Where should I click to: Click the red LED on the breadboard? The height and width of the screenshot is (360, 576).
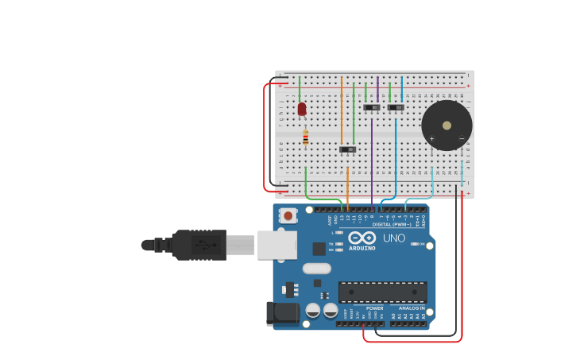tap(302, 109)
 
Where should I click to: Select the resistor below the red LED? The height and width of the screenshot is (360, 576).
tap(305, 138)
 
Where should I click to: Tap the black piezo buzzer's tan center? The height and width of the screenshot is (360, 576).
tap(446, 125)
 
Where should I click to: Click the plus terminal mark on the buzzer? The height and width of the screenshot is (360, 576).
tap(432, 139)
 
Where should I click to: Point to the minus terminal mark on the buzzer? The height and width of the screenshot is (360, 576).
tap(462, 139)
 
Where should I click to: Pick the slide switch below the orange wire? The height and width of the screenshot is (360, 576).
tap(347, 149)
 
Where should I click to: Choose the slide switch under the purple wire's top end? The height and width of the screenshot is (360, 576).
tap(372, 107)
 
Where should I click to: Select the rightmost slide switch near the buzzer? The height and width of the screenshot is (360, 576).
tap(396, 107)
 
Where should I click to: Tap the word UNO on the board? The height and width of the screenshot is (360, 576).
tap(394, 238)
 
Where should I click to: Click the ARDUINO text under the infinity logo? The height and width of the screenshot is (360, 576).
tap(361, 248)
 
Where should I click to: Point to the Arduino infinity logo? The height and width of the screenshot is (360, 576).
tap(361, 238)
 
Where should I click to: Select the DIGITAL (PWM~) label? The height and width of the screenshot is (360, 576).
tap(392, 224)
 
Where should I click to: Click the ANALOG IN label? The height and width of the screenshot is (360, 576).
tap(412, 308)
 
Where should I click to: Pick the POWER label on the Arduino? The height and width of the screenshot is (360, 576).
tap(374, 308)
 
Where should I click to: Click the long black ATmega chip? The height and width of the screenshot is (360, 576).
tap(382, 292)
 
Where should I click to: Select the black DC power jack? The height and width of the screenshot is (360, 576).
tap(282, 313)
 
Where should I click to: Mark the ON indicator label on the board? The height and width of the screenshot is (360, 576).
tap(421, 244)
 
